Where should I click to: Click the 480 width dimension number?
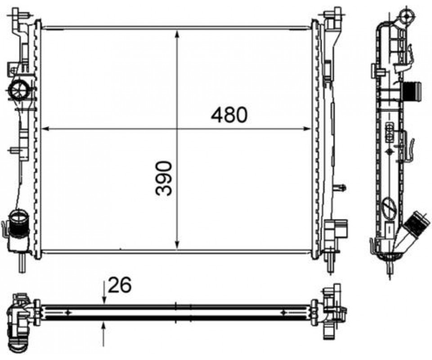coord(229,115)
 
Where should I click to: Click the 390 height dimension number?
coord(164,179)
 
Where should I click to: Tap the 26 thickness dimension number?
coord(120,285)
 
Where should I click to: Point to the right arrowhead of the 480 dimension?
coord(306,129)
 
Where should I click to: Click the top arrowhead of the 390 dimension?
coord(177,34)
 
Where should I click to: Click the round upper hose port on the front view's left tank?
coord(19,90)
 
